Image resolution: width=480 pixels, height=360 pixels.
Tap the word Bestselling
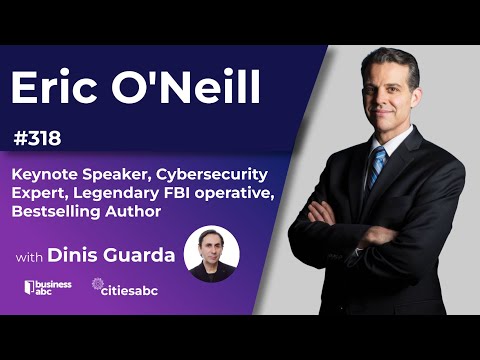56,212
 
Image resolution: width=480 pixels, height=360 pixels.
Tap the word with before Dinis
30,257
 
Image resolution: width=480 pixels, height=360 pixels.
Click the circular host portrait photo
212,254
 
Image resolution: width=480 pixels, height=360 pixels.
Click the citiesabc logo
128,287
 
